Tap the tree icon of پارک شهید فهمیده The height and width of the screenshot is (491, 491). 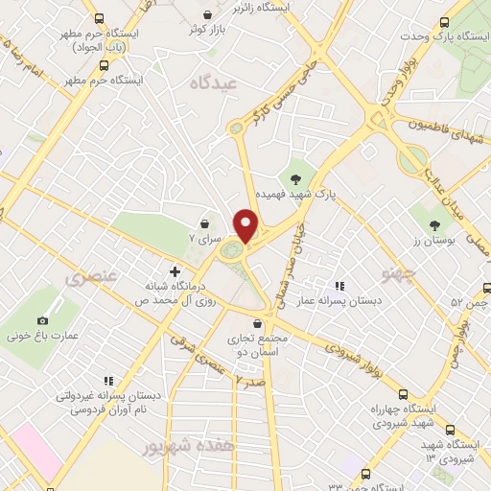[x=296, y=177]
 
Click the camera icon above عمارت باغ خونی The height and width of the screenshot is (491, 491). [x=42, y=320]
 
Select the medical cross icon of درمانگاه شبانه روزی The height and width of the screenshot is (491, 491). [x=174, y=271]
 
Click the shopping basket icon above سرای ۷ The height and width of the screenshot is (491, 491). [x=205, y=223]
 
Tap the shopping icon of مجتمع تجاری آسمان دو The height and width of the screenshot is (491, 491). [x=258, y=325]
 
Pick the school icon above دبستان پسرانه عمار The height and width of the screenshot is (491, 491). [x=337, y=285]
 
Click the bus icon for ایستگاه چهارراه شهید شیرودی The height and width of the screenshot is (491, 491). [x=402, y=394]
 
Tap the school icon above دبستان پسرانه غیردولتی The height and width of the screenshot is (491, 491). [x=108, y=380]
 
